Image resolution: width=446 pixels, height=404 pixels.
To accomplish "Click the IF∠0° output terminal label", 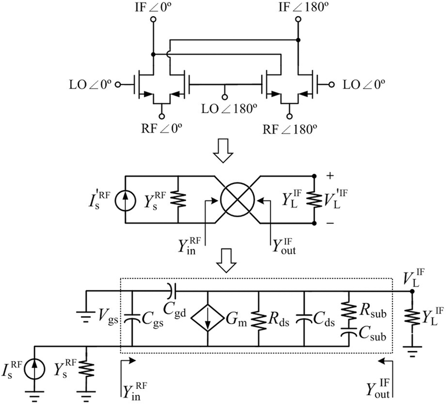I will pos(153,7).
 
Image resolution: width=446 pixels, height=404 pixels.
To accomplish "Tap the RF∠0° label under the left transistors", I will pos(161,127).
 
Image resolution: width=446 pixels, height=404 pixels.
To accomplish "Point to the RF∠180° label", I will pos(289,127).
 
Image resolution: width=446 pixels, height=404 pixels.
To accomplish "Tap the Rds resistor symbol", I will pos(259,317).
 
